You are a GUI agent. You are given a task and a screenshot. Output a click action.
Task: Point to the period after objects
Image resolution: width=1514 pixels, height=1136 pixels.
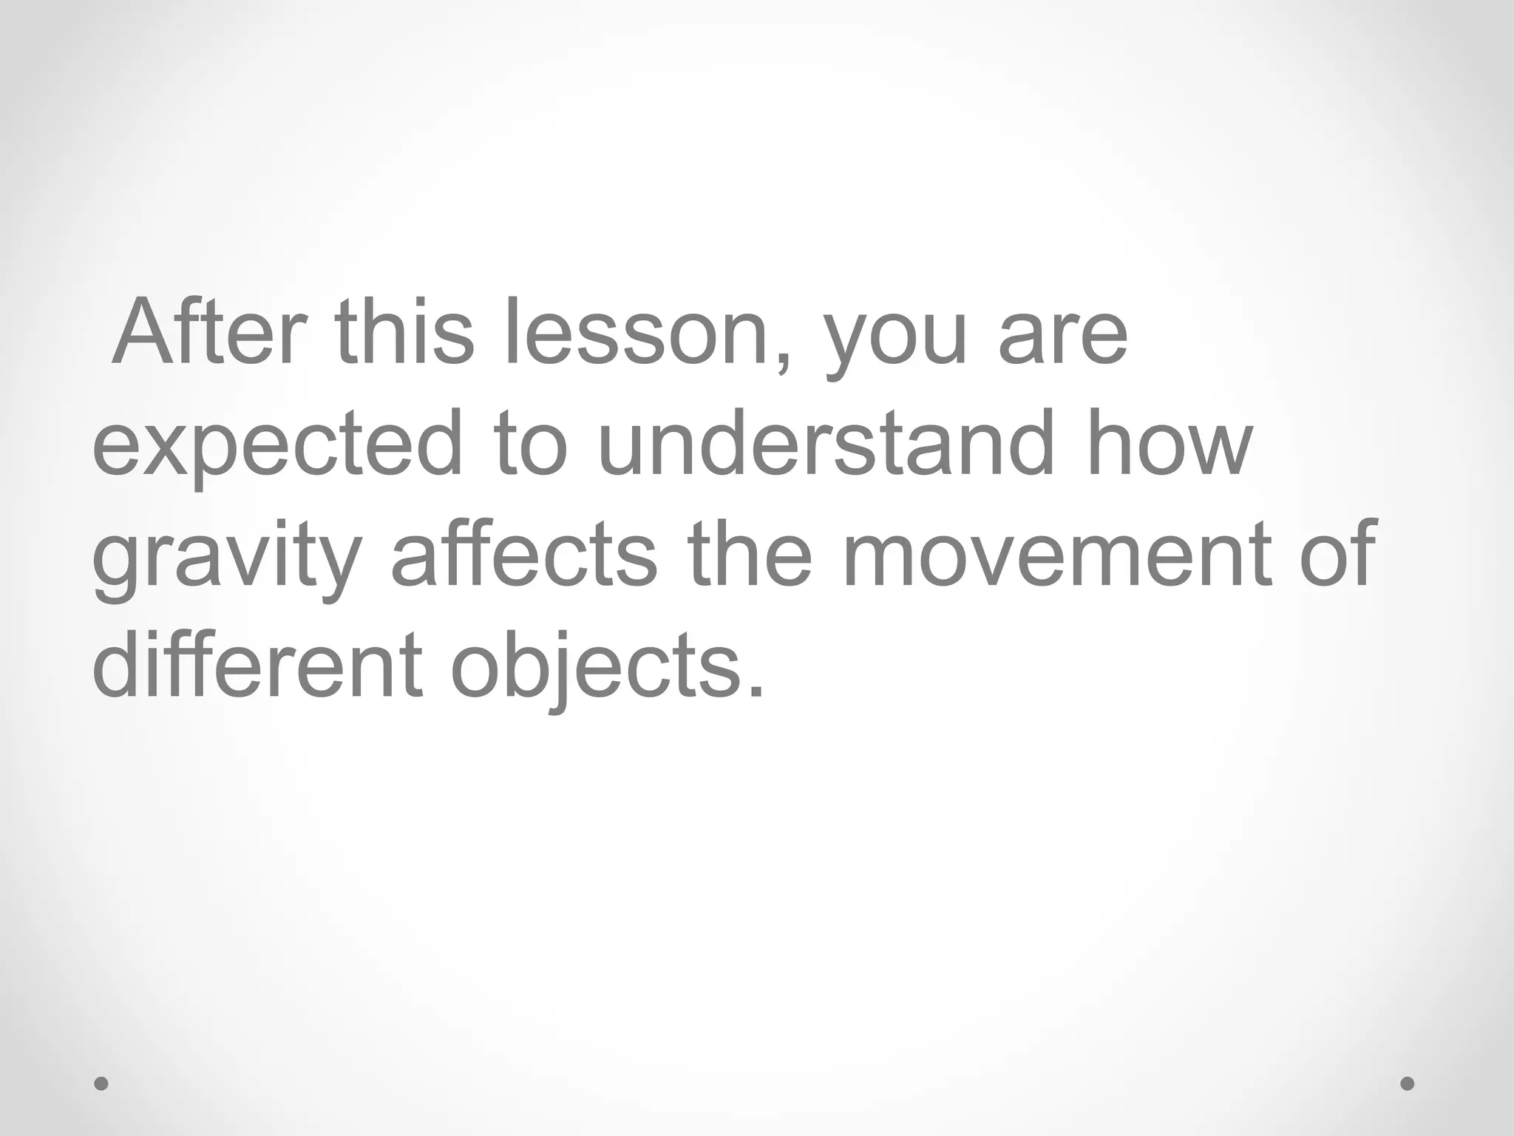[755, 691]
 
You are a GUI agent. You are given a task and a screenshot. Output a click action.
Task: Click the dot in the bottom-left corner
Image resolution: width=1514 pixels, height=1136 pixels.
[102, 1083]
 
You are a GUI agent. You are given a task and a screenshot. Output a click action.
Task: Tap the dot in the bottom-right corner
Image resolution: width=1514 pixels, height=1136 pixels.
[1408, 1083]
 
